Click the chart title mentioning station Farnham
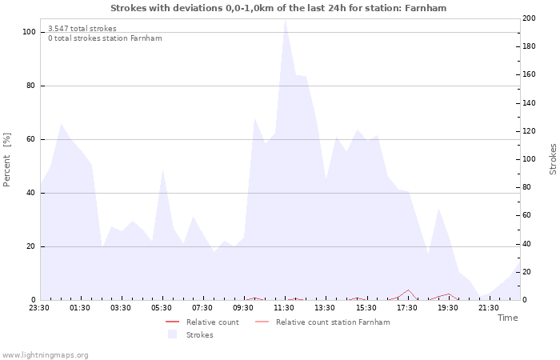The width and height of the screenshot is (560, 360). [x=278, y=8]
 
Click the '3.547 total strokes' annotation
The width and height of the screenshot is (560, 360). [x=82, y=29]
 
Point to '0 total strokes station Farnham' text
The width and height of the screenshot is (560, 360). [x=105, y=38]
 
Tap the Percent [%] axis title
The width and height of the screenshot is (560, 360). [x=7, y=160]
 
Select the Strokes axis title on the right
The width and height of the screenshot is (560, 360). [x=553, y=159]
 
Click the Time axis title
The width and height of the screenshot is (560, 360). [x=507, y=318]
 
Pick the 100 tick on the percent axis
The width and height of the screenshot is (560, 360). [x=29, y=32]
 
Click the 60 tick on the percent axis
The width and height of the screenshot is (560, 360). [x=31, y=139]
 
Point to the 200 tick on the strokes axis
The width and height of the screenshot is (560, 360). [x=529, y=18]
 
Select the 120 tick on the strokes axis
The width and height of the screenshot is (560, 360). [x=529, y=131]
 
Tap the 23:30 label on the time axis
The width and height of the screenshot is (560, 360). [x=39, y=307]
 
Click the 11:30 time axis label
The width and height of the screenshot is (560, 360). [x=284, y=307]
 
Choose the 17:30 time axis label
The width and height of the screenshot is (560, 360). [x=407, y=307]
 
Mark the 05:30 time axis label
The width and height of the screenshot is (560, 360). [x=162, y=307]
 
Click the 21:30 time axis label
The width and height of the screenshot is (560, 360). [x=489, y=307]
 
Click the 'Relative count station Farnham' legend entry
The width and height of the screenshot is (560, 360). [x=333, y=322]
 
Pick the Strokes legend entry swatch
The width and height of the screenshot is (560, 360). [x=172, y=334]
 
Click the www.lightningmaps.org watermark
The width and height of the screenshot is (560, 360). [x=45, y=355]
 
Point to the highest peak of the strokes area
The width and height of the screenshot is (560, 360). [x=285, y=20]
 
